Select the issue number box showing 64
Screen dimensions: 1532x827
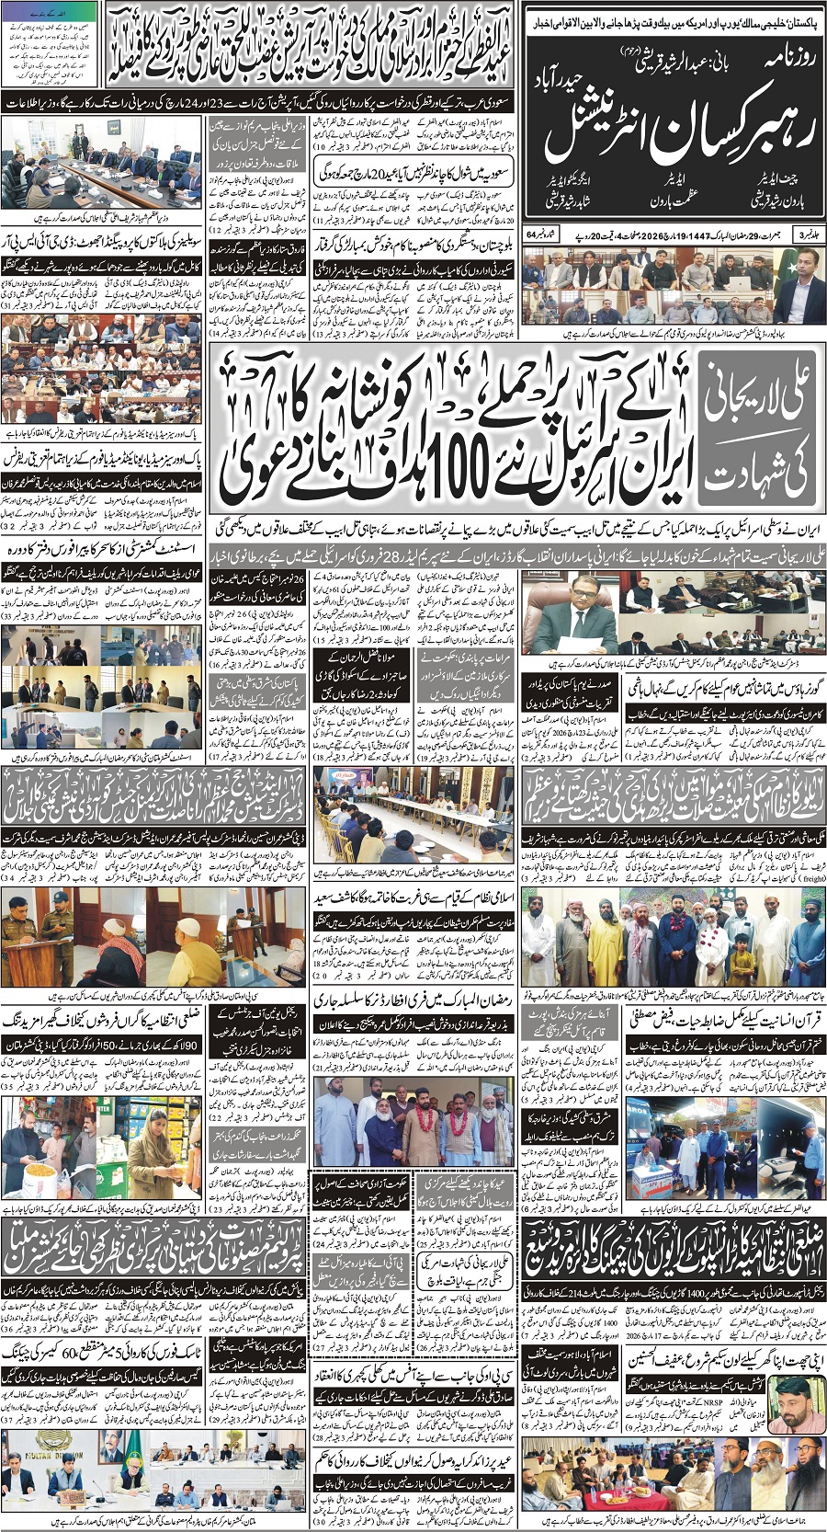point(535,235)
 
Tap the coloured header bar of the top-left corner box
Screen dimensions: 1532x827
point(51,12)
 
